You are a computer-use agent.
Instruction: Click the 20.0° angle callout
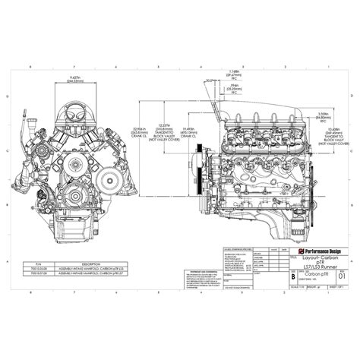[207, 81]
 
